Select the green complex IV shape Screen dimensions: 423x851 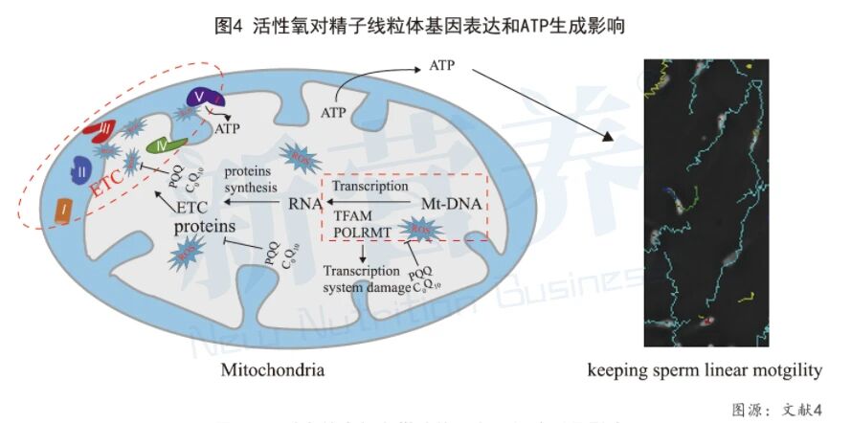point(165,146)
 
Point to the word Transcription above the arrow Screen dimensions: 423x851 point(373,186)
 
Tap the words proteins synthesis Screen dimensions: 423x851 point(252,179)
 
